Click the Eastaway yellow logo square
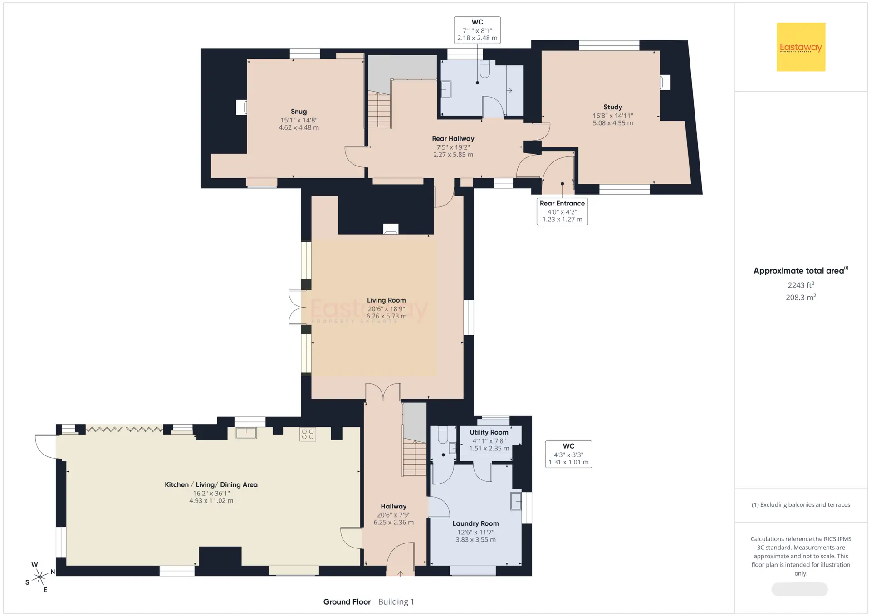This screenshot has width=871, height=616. point(801,47)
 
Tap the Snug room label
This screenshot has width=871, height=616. point(298,112)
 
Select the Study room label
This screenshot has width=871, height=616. point(612,107)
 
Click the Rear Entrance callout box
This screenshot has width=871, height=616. point(562,211)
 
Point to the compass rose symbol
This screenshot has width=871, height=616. point(40,577)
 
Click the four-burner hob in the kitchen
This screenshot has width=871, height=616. point(308,434)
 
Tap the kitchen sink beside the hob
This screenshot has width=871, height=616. point(246,433)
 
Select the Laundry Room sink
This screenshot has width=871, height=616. point(516,501)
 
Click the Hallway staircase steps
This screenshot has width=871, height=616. point(414,458)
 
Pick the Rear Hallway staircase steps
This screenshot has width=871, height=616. point(379,110)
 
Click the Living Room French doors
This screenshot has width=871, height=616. point(298,308)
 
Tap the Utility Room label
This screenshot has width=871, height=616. point(489,432)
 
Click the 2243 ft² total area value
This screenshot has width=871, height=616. point(801,285)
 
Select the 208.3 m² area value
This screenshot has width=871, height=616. point(801,297)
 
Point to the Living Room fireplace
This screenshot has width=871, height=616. point(391,229)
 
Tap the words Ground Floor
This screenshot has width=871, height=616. point(347,602)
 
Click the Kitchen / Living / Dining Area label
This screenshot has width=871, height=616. point(211,484)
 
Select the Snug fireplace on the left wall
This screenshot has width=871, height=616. point(241,108)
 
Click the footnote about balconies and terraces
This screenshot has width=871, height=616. point(801,505)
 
